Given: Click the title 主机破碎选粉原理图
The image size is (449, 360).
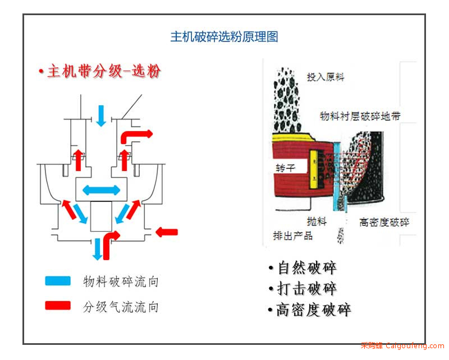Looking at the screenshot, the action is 224,36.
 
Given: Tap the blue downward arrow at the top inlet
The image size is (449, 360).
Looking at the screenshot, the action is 101,116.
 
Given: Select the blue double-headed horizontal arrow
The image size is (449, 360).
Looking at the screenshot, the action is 102,190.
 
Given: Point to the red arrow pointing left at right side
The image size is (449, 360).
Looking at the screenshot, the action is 167,232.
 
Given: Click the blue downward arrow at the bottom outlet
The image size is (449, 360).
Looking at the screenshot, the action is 98,249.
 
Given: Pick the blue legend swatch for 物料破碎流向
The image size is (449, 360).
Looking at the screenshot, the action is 58,281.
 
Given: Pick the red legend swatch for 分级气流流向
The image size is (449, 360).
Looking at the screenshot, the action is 58,306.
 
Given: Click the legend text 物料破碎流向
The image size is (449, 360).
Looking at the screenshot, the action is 121,281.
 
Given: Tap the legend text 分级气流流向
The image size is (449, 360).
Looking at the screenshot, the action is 121,307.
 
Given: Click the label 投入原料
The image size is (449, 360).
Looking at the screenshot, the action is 326,77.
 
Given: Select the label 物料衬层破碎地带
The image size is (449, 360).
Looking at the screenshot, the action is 360,116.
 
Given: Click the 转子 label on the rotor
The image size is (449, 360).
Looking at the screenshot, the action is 285,168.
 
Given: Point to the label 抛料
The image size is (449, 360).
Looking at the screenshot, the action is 317,221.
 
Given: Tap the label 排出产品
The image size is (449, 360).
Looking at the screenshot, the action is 292,236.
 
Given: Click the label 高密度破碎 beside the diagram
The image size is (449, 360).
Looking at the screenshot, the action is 384,223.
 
